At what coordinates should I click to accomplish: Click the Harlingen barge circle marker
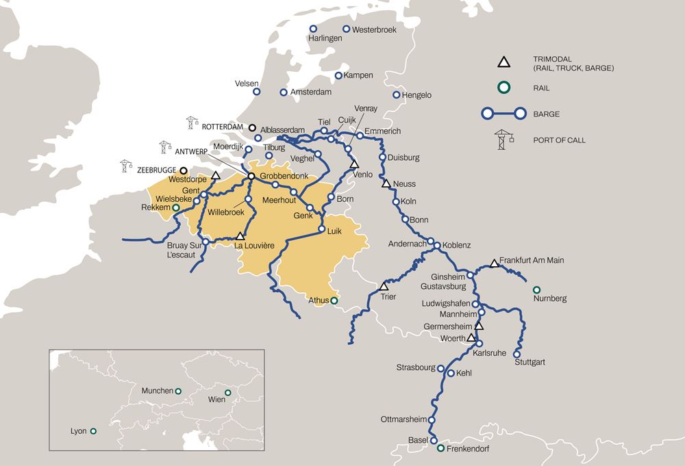313,29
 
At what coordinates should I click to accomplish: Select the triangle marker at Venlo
354,164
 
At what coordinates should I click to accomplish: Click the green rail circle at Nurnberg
536,289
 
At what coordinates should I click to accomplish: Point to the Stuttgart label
530,362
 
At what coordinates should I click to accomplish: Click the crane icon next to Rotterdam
191,123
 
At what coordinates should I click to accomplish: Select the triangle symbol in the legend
503,62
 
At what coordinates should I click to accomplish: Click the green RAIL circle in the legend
503,88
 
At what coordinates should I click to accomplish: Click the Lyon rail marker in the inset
93,431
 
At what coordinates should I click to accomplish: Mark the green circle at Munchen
178,391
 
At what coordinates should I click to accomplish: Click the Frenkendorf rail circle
440,449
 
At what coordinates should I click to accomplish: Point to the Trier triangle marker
384,286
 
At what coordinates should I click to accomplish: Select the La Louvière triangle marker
240,235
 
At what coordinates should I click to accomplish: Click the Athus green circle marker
334,300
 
